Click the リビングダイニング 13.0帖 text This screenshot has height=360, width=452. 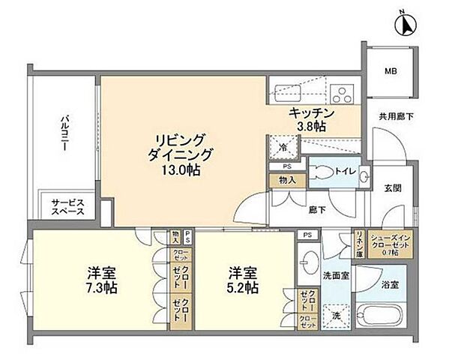click(x=184, y=154)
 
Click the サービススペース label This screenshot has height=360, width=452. click(x=67, y=208)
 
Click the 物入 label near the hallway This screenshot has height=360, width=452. click(x=286, y=180)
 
